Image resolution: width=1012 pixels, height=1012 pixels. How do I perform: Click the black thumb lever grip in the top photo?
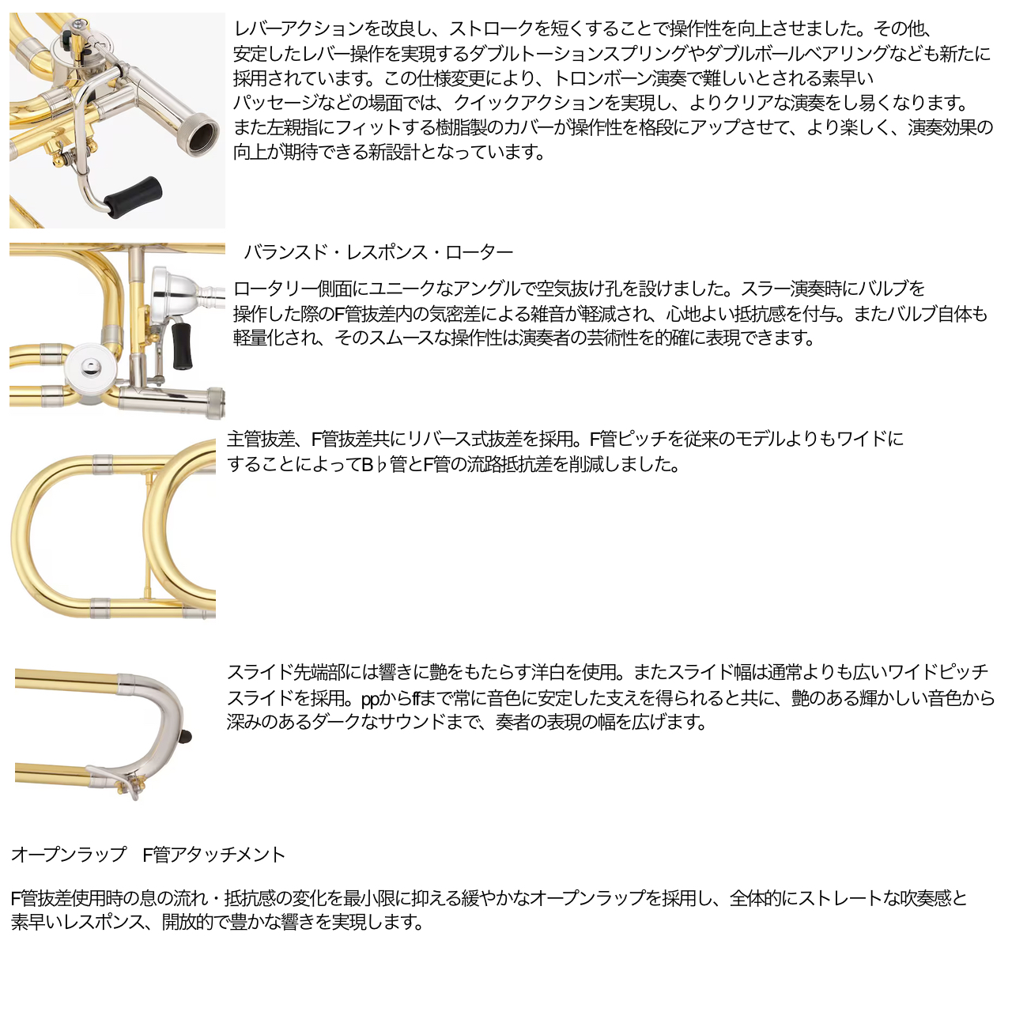132,197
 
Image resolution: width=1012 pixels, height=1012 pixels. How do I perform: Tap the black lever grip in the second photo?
182,345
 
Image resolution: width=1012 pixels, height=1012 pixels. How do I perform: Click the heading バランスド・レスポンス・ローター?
378,253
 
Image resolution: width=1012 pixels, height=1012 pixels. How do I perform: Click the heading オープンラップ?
69,855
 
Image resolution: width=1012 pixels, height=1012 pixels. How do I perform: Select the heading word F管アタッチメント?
213,855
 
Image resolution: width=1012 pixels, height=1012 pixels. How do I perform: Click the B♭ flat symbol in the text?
381,465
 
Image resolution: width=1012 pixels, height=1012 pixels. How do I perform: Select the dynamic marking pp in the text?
370,699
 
